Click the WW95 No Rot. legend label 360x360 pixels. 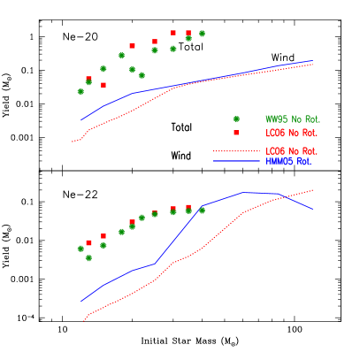click(293, 119)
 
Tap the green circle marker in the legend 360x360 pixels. click(236, 119)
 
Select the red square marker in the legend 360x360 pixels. click(236, 133)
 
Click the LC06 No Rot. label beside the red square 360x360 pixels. click(292, 133)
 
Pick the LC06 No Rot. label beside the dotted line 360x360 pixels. click(292, 151)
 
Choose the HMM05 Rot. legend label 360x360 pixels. click(288, 161)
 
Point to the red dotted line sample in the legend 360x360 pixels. click(236, 151)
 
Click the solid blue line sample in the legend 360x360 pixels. click(236, 161)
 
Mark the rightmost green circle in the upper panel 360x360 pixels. click(202, 34)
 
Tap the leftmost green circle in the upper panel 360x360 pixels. click(80, 91)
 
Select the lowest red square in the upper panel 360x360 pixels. click(103, 85)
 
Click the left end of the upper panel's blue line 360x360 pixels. click(81, 119)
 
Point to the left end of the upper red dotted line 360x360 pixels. click(73, 142)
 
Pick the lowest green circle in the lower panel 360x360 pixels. click(88, 258)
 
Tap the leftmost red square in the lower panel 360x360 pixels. click(88, 242)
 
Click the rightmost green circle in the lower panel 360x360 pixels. click(202, 211)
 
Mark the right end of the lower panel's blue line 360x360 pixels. click(312, 210)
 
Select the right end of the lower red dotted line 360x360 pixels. click(313, 189)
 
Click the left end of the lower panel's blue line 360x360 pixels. click(81, 303)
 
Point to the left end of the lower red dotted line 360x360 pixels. click(83, 321)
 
